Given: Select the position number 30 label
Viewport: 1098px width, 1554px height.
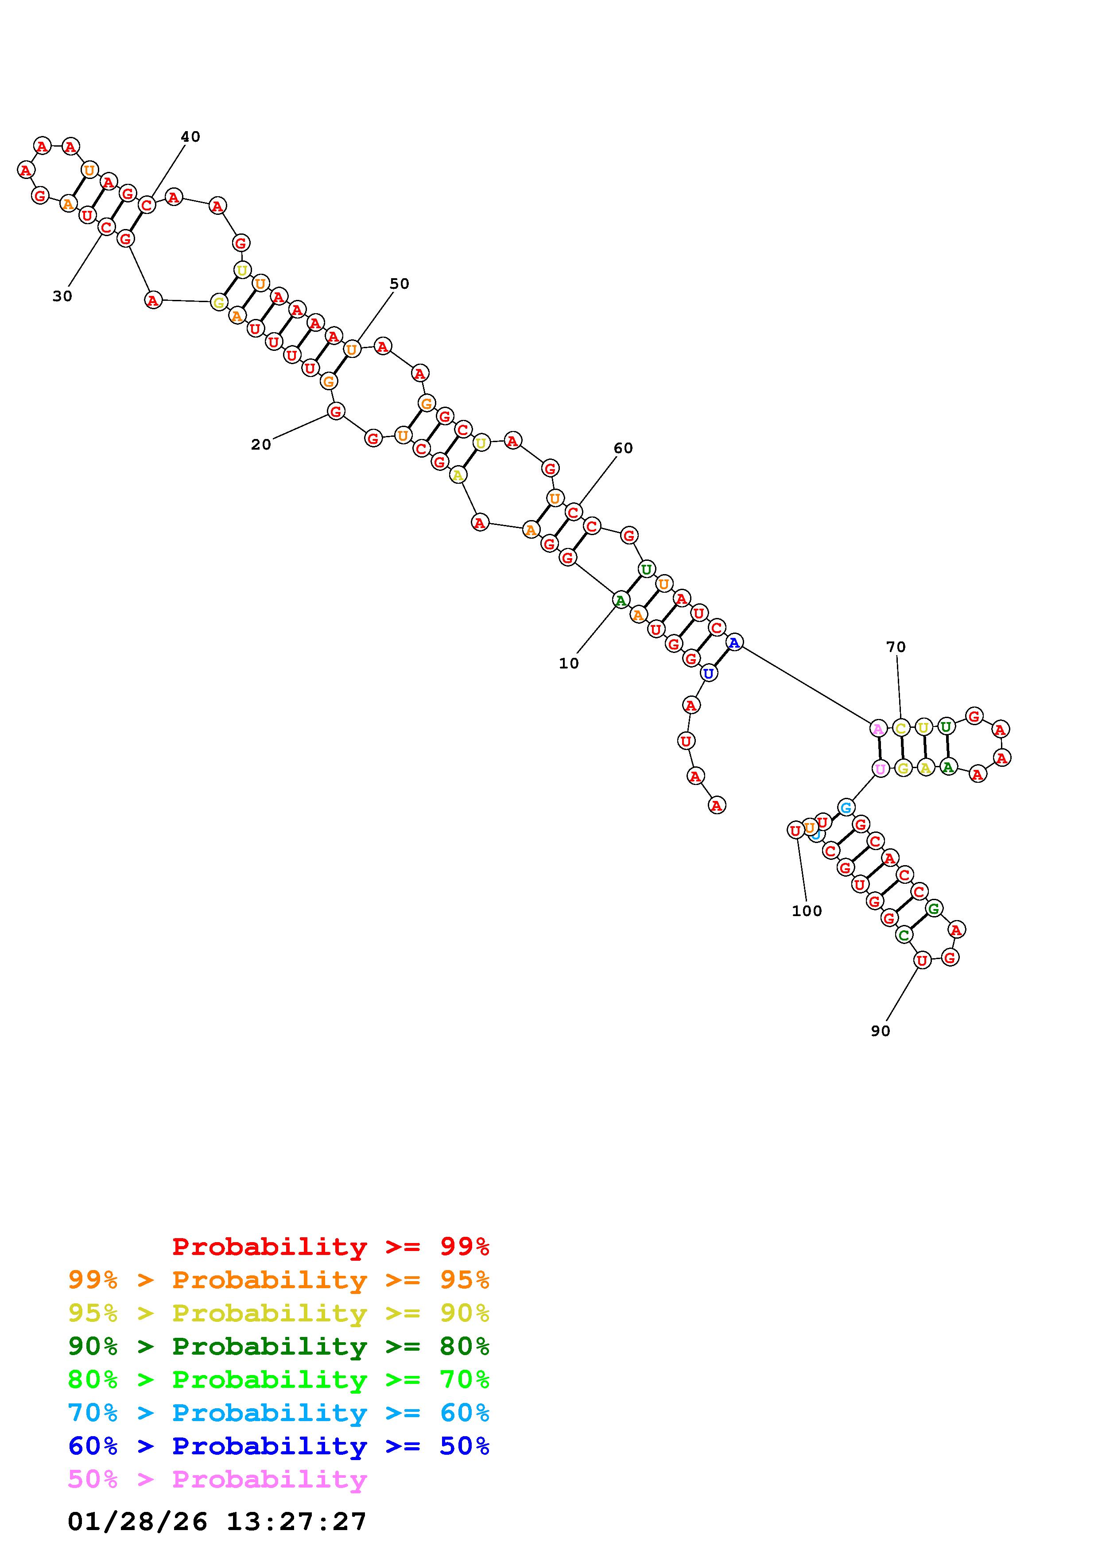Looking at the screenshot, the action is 62,296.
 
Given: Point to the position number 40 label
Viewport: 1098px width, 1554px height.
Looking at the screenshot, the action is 190,137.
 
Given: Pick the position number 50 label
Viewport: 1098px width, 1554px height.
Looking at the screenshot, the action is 399,284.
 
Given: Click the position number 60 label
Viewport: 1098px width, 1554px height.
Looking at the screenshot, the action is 623,448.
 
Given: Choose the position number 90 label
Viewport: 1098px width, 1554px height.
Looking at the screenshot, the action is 880,1031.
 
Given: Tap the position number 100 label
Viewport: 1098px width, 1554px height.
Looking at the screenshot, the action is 807,911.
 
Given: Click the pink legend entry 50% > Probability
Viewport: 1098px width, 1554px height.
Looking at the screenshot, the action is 217,1479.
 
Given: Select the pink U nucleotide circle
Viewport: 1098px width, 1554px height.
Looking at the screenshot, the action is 880,769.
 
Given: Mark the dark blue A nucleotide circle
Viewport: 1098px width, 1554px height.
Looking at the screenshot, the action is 735,641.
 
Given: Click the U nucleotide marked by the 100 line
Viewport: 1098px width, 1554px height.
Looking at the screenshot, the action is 795,830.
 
